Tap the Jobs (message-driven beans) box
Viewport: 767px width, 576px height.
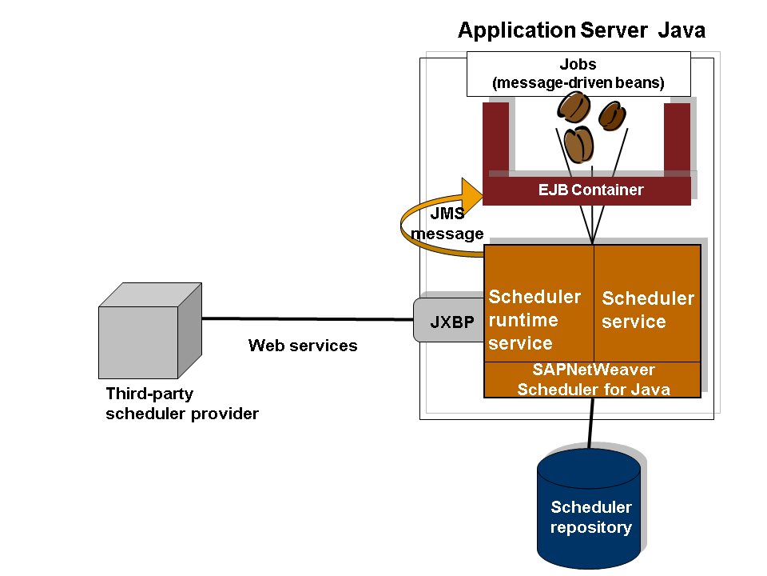578,74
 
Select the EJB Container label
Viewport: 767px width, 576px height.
590,190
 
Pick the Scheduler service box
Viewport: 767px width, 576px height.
647,310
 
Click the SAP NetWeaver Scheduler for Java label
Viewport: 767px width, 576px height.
593,380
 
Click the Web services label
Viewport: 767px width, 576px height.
303,346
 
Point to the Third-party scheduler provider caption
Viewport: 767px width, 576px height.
182,403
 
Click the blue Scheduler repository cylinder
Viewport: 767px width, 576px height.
590,508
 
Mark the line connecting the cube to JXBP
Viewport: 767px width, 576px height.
308,319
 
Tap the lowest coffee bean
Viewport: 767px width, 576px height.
578,144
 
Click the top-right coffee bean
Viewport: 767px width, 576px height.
613,114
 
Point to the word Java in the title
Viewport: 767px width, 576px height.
682,31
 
